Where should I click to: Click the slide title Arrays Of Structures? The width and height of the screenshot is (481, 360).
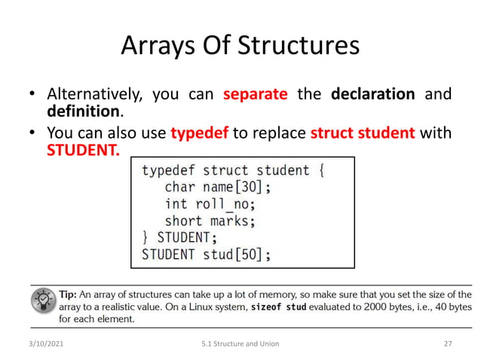coord(240,46)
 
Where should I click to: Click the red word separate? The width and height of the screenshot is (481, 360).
coord(256,95)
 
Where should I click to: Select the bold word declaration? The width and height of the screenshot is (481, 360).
coord(373,95)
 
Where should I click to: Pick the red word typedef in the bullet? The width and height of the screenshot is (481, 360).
coord(200,133)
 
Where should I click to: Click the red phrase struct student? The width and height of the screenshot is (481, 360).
coord(363,133)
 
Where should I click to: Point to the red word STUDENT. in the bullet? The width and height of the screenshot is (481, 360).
coord(83,150)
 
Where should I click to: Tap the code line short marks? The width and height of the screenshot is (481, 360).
coord(210,221)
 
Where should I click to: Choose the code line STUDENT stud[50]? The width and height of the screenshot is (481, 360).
coord(206,254)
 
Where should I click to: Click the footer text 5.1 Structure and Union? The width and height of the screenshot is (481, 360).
coord(240,343)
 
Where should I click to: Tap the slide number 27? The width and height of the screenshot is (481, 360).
coord(448,343)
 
